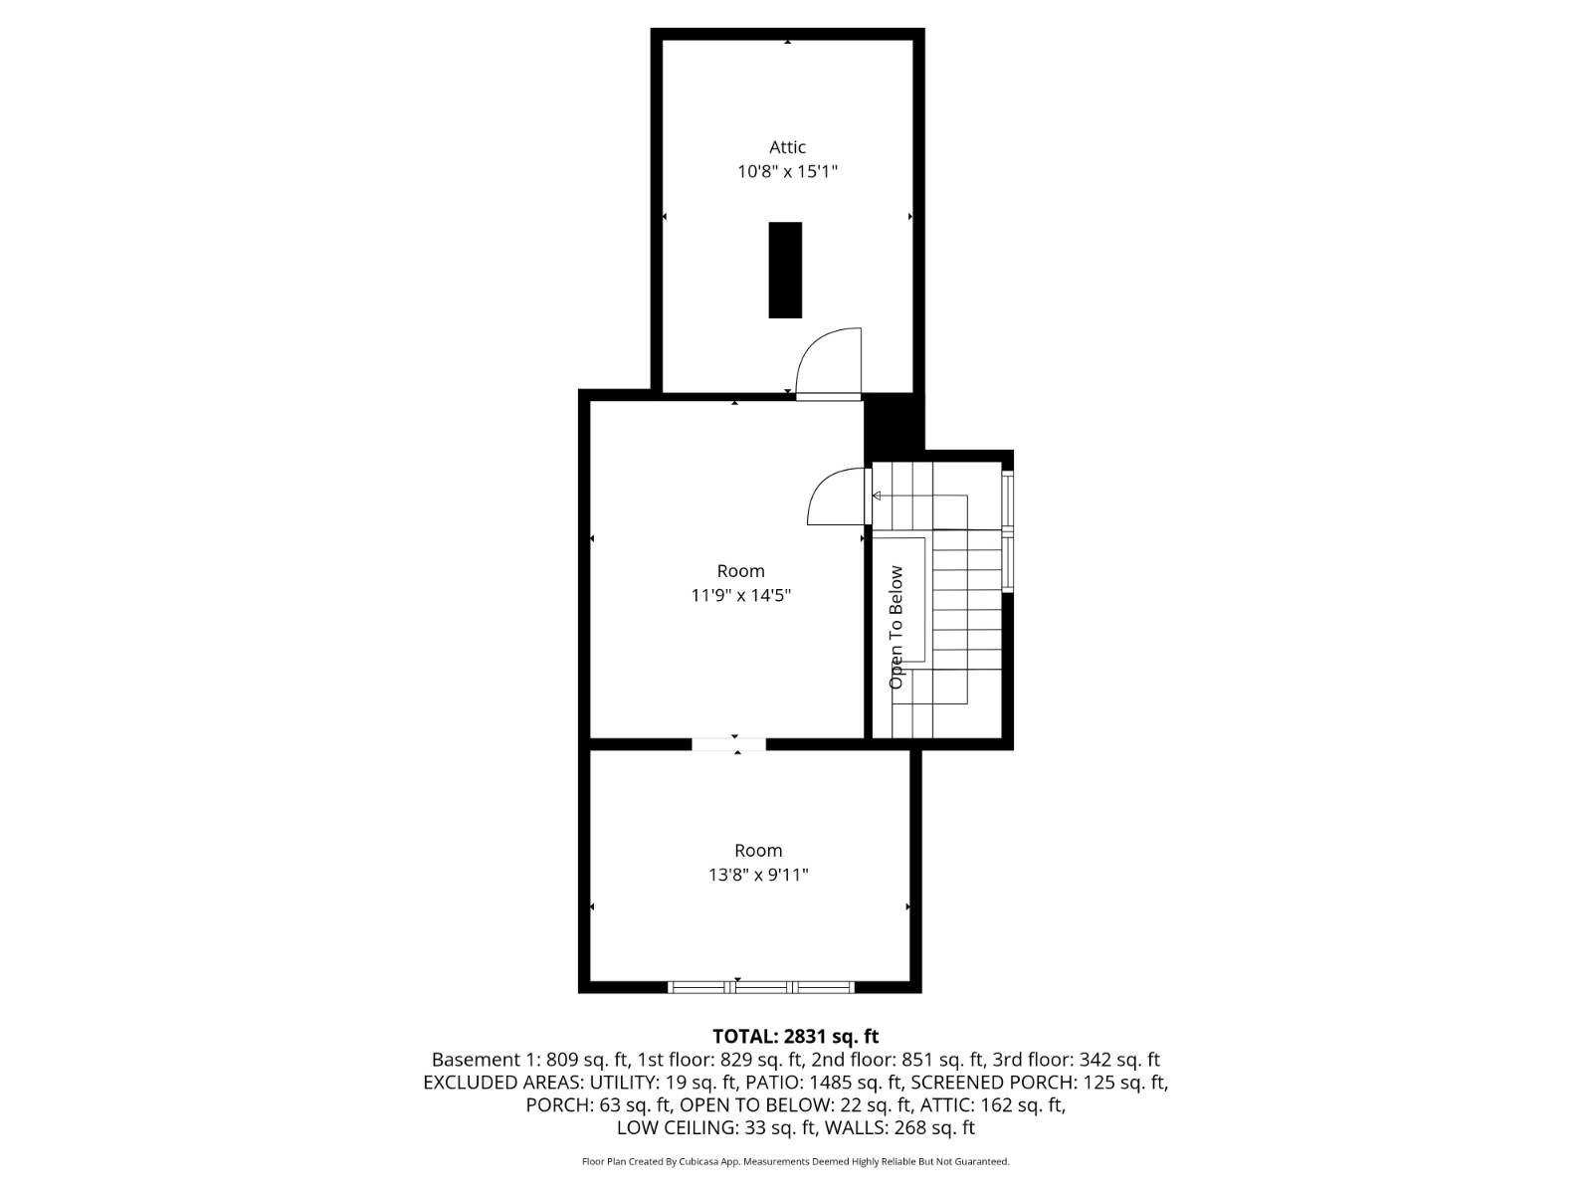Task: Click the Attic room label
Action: (787, 147)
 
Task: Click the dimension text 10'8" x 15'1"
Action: (787, 171)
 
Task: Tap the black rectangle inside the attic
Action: (785, 270)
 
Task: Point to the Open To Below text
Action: (896, 627)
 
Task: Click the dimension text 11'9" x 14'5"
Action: (741, 595)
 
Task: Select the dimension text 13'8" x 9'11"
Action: (758, 875)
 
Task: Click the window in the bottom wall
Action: (761, 987)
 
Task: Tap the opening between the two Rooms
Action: (729, 743)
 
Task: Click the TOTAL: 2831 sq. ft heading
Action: (795, 1036)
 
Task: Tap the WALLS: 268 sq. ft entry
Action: (900, 1128)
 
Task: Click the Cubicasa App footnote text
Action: (795, 1161)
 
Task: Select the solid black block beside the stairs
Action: (893, 424)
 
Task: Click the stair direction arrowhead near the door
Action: (877, 496)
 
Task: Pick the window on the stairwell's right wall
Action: (1008, 533)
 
